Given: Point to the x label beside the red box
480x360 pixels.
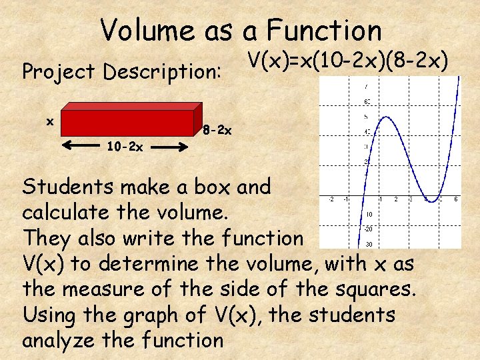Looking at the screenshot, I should (49, 121).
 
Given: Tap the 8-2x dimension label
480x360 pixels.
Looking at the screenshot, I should (217, 131).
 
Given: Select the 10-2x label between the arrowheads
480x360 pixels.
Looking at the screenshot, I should (125, 147).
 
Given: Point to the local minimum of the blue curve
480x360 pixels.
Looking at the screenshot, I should (432, 199).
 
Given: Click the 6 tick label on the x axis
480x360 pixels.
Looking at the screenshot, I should (456, 199).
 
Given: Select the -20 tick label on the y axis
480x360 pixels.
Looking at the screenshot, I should (368, 229).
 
